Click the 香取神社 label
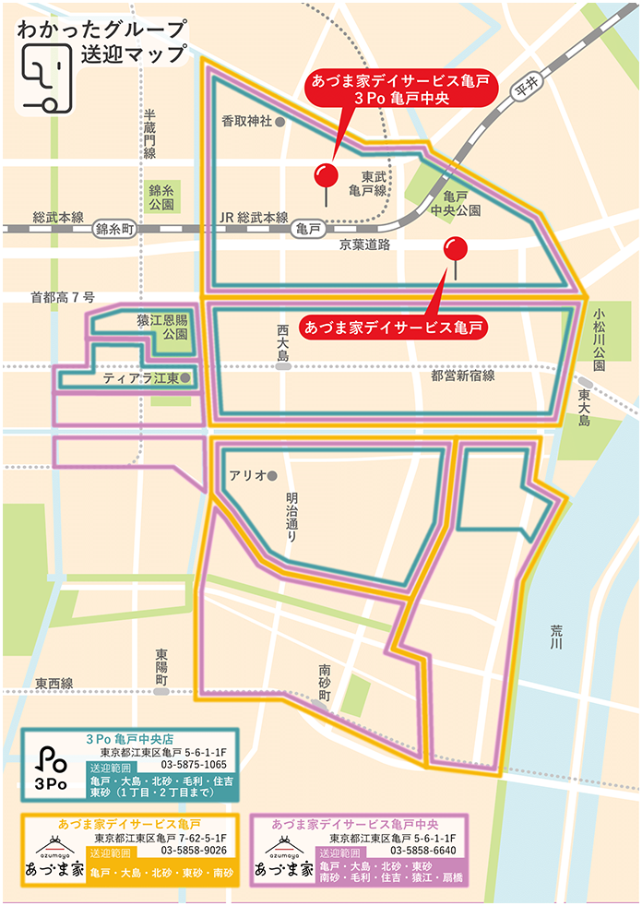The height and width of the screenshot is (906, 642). (x=246, y=121)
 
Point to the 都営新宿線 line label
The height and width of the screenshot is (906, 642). (x=462, y=376)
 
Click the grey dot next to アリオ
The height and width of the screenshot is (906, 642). (x=272, y=476)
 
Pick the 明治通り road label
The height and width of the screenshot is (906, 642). (x=292, y=517)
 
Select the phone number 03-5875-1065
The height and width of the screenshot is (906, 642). (x=194, y=765)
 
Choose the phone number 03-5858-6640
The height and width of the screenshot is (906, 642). (x=423, y=850)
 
